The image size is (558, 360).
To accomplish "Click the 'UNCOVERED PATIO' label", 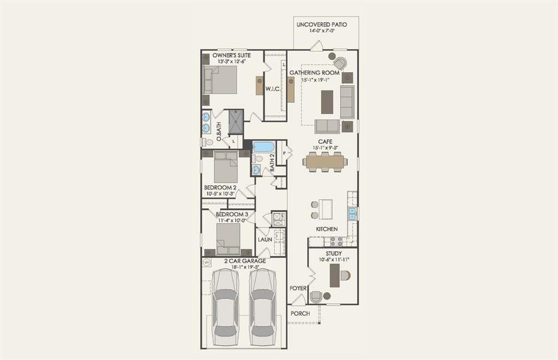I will (326, 24).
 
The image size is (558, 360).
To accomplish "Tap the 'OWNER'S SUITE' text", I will (231, 55).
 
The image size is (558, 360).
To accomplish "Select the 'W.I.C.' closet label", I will (274, 89).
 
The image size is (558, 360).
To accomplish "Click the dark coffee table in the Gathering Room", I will (327, 101).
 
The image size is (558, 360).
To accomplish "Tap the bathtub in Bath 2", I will (262, 146).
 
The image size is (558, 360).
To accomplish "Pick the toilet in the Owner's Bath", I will (207, 142).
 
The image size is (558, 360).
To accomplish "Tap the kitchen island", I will (326, 209).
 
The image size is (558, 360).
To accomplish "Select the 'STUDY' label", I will (333, 253).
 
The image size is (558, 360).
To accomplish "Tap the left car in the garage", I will (225, 305).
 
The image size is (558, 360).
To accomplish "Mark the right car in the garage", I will (262, 305).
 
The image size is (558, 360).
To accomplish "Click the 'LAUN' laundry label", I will (265, 239).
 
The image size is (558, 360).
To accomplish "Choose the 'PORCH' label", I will (300, 313).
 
